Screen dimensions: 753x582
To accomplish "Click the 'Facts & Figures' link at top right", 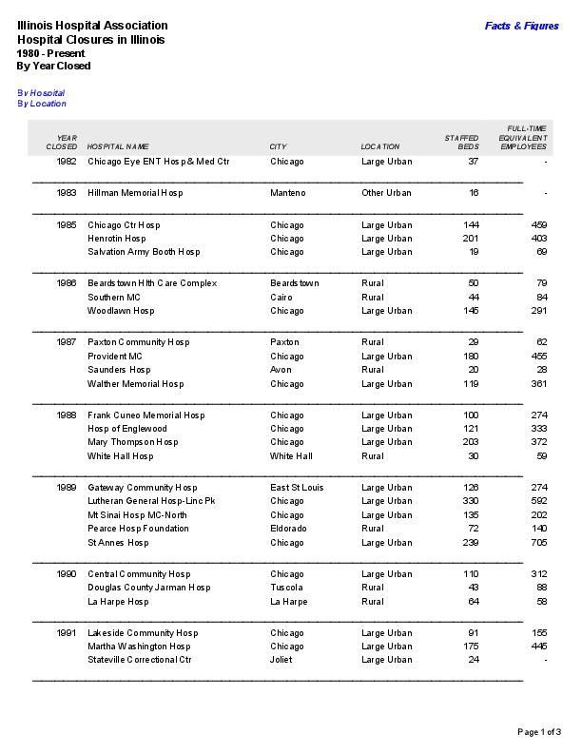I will (x=521, y=26).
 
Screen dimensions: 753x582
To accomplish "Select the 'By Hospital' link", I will (x=41, y=93).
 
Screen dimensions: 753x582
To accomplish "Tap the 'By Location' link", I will (x=42, y=104).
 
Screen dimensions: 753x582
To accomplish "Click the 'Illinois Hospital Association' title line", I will (x=92, y=26).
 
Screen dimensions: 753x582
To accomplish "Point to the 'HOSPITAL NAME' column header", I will (x=118, y=147).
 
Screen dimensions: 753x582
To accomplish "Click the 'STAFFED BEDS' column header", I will (x=462, y=143).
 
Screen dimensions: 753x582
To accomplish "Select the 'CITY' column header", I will (x=278, y=147).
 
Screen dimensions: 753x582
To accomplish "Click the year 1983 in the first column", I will (x=67, y=193).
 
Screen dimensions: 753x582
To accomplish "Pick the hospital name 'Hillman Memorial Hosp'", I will (x=135, y=193).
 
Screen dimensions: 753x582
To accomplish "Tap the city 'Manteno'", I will (x=288, y=193).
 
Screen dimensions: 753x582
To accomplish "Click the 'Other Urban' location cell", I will (x=386, y=193).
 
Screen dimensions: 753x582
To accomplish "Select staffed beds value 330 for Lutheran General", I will (x=470, y=501).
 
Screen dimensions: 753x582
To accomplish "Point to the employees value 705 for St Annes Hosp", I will (x=538, y=543).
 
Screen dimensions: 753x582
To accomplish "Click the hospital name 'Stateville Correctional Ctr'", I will (x=140, y=660).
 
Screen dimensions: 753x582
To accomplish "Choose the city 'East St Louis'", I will (x=297, y=488).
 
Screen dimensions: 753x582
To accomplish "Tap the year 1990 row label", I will (x=67, y=574).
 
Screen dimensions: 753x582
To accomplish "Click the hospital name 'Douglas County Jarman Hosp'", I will (x=149, y=588).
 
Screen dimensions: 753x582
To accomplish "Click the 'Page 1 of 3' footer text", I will (x=539, y=731).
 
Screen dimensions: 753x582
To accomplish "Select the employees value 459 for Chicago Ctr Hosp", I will (x=538, y=225).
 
